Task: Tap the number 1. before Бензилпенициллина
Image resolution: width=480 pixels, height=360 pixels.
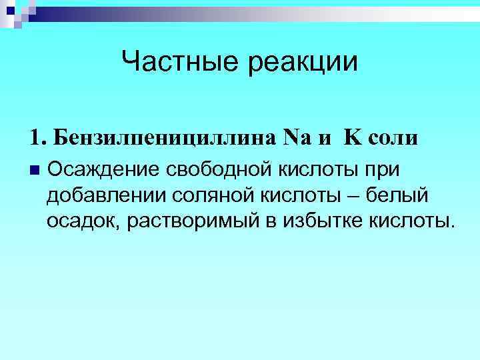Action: [38, 139]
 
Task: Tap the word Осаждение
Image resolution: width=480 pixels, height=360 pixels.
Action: [102, 170]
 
